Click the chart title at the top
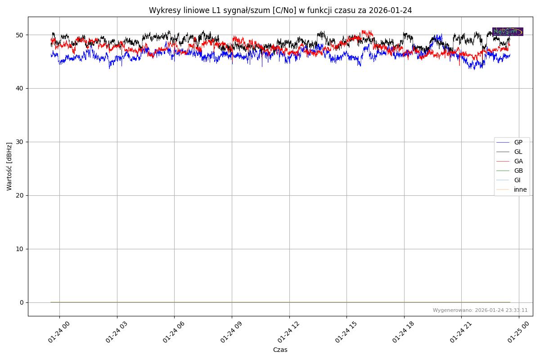click(x=280, y=10)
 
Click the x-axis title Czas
click(x=280, y=350)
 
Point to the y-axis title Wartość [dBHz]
click(x=9, y=166)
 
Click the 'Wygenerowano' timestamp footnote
click(x=480, y=310)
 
